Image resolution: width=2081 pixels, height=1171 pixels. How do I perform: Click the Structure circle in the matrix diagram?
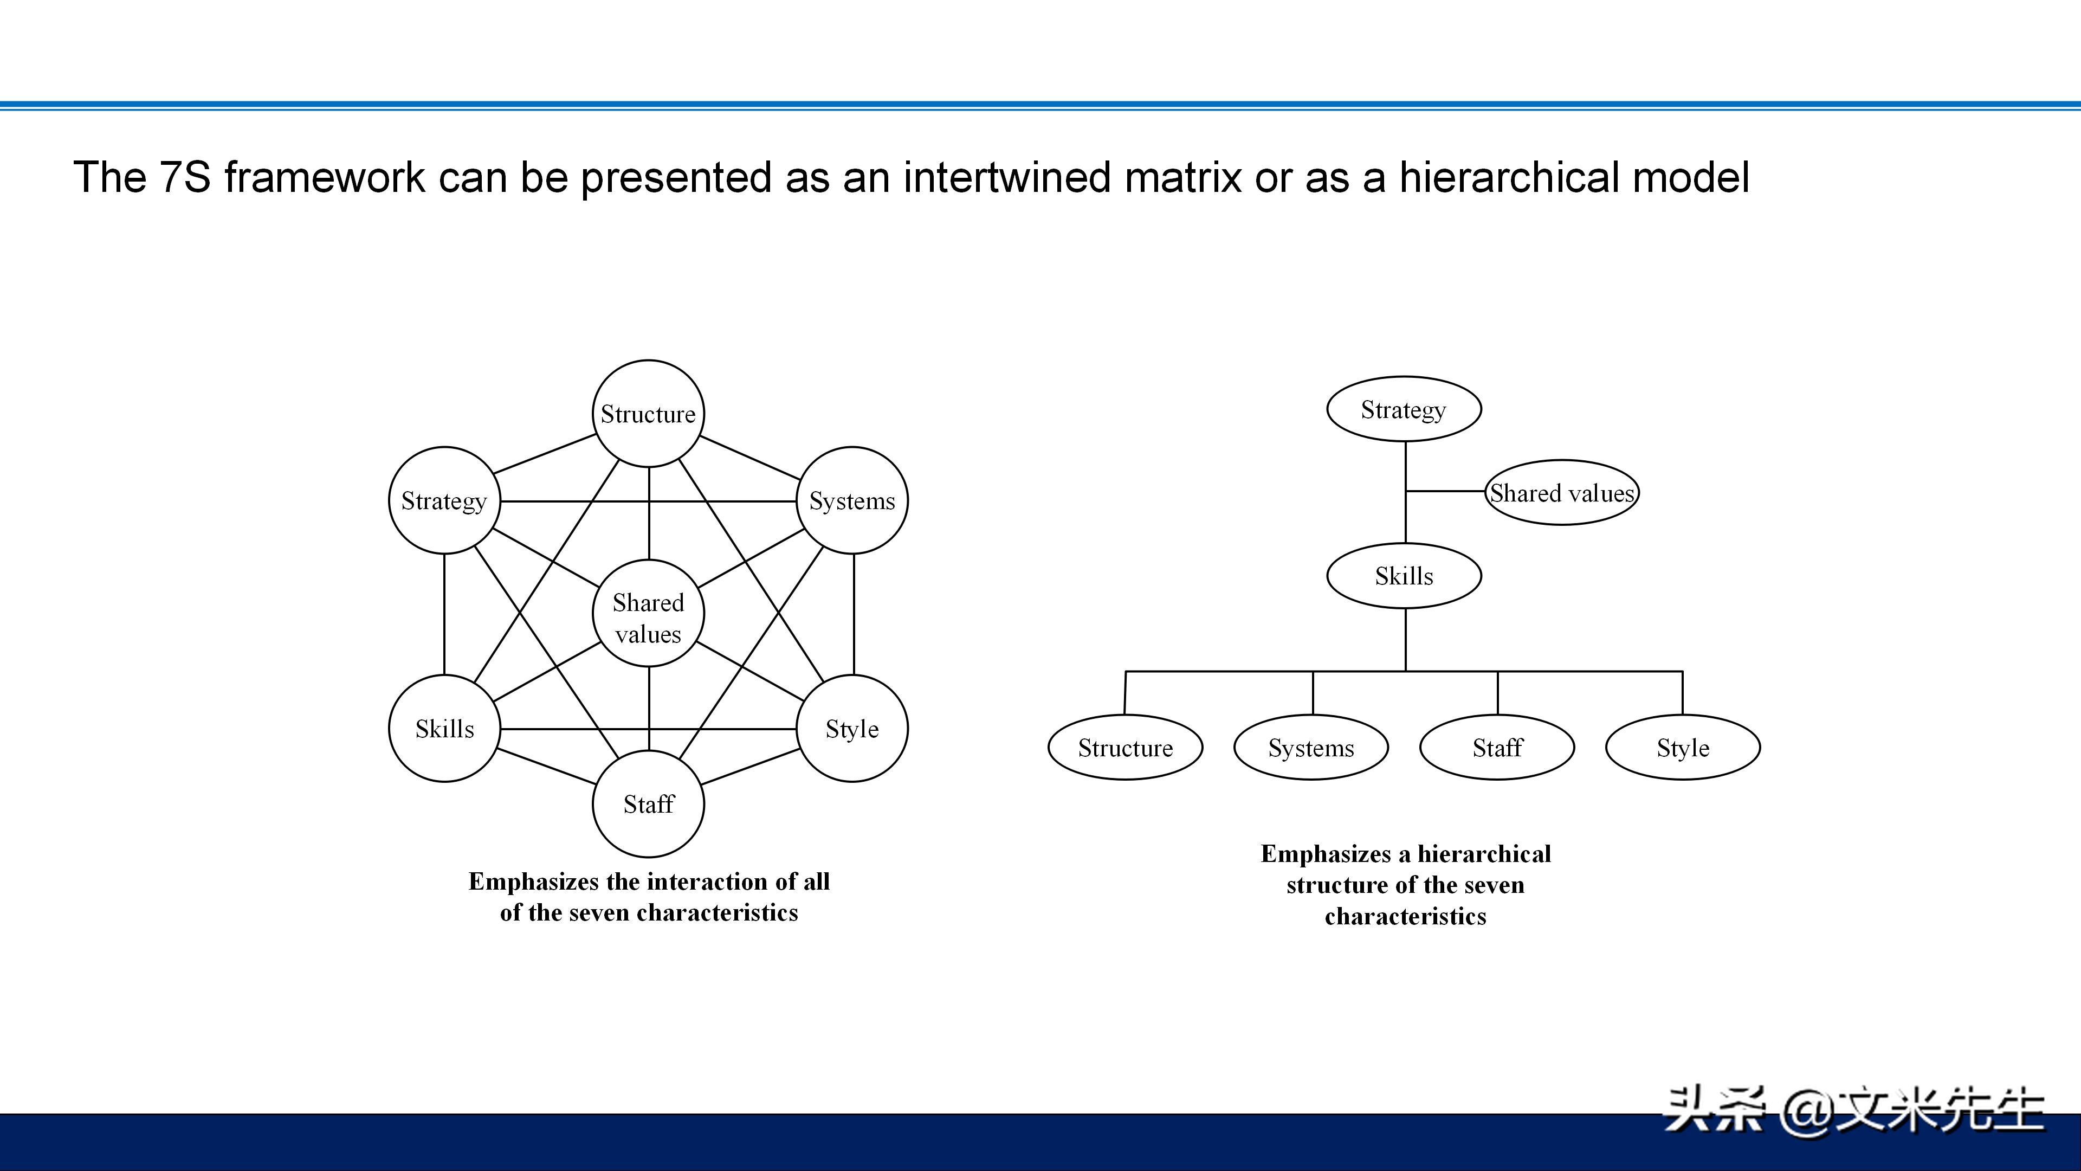[648, 414]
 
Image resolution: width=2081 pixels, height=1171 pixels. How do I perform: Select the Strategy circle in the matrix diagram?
[444, 501]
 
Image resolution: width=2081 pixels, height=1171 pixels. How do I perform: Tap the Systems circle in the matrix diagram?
[852, 501]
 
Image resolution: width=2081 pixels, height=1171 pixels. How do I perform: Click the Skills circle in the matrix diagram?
[444, 729]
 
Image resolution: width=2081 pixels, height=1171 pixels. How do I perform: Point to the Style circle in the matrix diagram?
[852, 729]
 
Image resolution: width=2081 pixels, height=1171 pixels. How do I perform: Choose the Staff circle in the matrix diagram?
[648, 804]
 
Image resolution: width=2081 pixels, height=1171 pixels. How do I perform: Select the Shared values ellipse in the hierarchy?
[1561, 493]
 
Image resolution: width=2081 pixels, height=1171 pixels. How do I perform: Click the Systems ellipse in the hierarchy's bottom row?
[1311, 748]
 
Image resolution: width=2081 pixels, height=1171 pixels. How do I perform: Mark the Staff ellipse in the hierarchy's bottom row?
[1497, 748]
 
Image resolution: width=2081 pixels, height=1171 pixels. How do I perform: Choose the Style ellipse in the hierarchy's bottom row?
[1683, 748]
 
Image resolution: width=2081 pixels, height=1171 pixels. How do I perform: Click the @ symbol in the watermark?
[1806, 1111]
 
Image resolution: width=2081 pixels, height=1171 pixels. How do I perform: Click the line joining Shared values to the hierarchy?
[1446, 491]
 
